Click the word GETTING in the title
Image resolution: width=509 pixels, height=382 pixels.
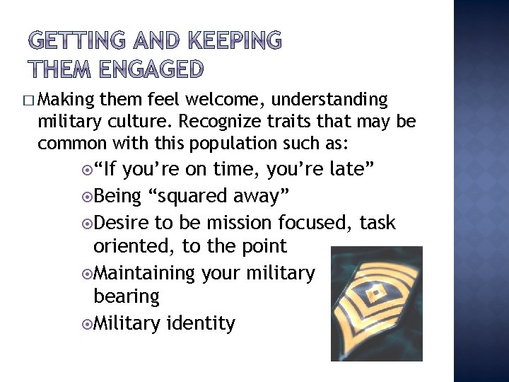point(74,42)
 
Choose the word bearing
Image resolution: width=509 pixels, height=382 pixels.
point(127,296)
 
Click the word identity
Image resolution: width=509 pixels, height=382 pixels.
point(200,323)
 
